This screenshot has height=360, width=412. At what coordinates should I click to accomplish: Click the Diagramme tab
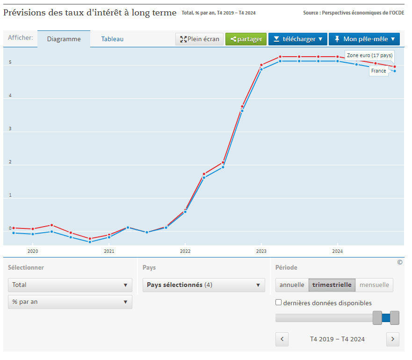pyautogui.click(x=64, y=39)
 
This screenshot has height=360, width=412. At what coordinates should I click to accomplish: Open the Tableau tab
pyautogui.click(x=112, y=39)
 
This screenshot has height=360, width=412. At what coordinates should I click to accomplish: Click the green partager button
pyautogui.click(x=246, y=39)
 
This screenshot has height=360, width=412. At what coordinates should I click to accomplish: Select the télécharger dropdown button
pyautogui.click(x=298, y=39)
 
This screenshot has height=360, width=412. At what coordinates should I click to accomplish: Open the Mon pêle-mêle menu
pyautogui.click(x=364, y=39)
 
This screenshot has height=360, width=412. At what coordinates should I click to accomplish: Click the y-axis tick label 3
pyautogui.click(x=10, y=129)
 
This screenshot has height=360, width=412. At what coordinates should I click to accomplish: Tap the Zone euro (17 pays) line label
pyautogui.click(x=369, y=56)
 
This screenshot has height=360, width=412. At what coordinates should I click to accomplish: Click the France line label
pyautogui.click(x=379, y=71)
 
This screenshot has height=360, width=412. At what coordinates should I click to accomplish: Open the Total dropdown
pyautogui.click(x=70, y=285)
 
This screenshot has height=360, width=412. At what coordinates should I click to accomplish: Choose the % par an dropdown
pyautogui.click(x=70, y=302)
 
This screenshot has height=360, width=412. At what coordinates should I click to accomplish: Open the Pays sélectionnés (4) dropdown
pyautogui.click(x=203, y=285)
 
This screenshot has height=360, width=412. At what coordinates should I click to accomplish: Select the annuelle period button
pyautogui.click(x=292, y=285)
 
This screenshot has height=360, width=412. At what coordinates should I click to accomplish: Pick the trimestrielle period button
pyautogui.click(x=332, y=285)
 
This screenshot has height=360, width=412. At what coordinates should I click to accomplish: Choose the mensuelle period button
pyautogui.click(x=374, y=285)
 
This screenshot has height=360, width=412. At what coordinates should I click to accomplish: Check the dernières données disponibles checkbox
pyautogui.click(x=279, y=302)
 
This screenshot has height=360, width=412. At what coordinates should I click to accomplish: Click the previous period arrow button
pyautogui.click(x=282, y=339)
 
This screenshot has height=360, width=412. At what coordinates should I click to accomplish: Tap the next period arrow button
pyautogui.click(x=393, y=339)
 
